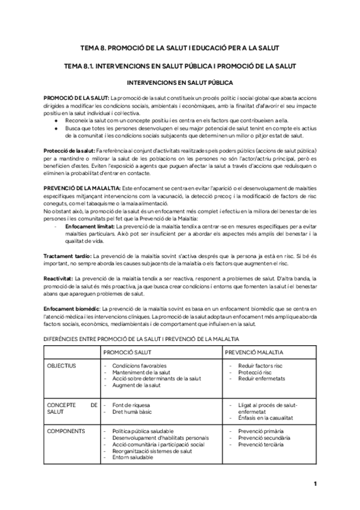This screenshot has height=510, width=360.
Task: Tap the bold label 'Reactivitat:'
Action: [x=59, y=278]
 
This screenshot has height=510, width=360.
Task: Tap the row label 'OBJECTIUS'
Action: [x=61, y=366]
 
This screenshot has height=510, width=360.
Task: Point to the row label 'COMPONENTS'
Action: [x=66, y=431]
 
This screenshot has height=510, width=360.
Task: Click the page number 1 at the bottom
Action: [x=315, y=484]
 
